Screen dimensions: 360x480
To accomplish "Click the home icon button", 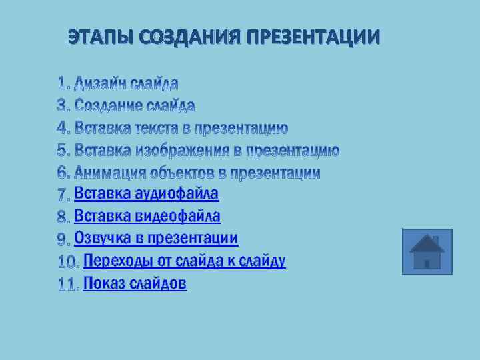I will click(x=427, y=252).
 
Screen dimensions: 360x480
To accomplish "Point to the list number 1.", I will click(x=63, y=83).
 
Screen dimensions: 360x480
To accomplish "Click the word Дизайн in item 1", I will click(x=100, y=83).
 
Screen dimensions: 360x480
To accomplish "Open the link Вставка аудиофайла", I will click(x=146, y=194).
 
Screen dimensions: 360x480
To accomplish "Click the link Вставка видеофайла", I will click(x=147, y=216).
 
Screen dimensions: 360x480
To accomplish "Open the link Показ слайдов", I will click(x=135, y=283).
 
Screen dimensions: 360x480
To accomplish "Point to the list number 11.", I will click(x=67, y=285).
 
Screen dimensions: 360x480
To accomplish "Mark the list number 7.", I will click(x=63, y=195).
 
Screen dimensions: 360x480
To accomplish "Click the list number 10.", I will click(x=68, y=262).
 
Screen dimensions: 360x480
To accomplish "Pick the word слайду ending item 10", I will click(x=265, y=261).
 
